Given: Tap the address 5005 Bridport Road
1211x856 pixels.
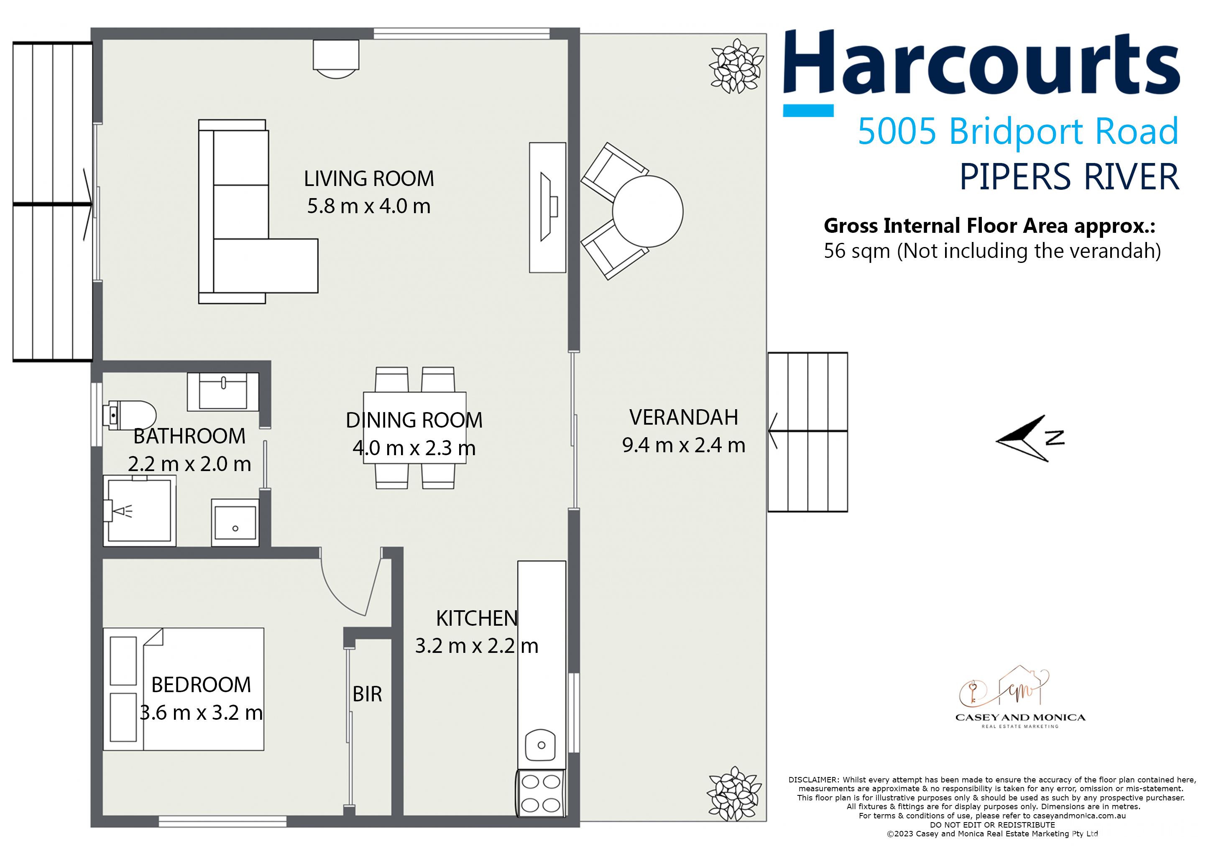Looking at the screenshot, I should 1018,132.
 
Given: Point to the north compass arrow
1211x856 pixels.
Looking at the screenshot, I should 1023,438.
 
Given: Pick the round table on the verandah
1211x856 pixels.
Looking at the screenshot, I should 648,211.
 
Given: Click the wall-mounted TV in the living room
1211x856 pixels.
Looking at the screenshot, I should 547,207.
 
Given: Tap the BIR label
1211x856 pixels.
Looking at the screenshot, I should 367,694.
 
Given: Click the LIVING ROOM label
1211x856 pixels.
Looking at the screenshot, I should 369,179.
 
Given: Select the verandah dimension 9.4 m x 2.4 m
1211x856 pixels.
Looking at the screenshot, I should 684,446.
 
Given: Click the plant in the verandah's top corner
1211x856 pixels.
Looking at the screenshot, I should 736,66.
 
